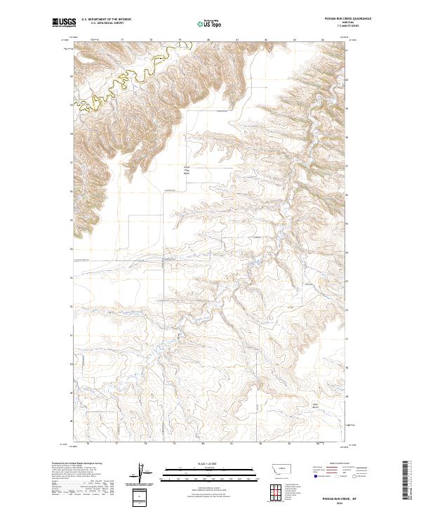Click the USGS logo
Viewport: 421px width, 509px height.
coord(64,22)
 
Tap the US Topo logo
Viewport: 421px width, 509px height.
coord(208,22)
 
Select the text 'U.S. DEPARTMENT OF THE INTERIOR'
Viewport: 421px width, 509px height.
coord(106,20)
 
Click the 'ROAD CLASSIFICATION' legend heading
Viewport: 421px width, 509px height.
coord(335,463)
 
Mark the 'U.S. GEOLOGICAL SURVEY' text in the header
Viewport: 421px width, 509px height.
coord(98,24)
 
